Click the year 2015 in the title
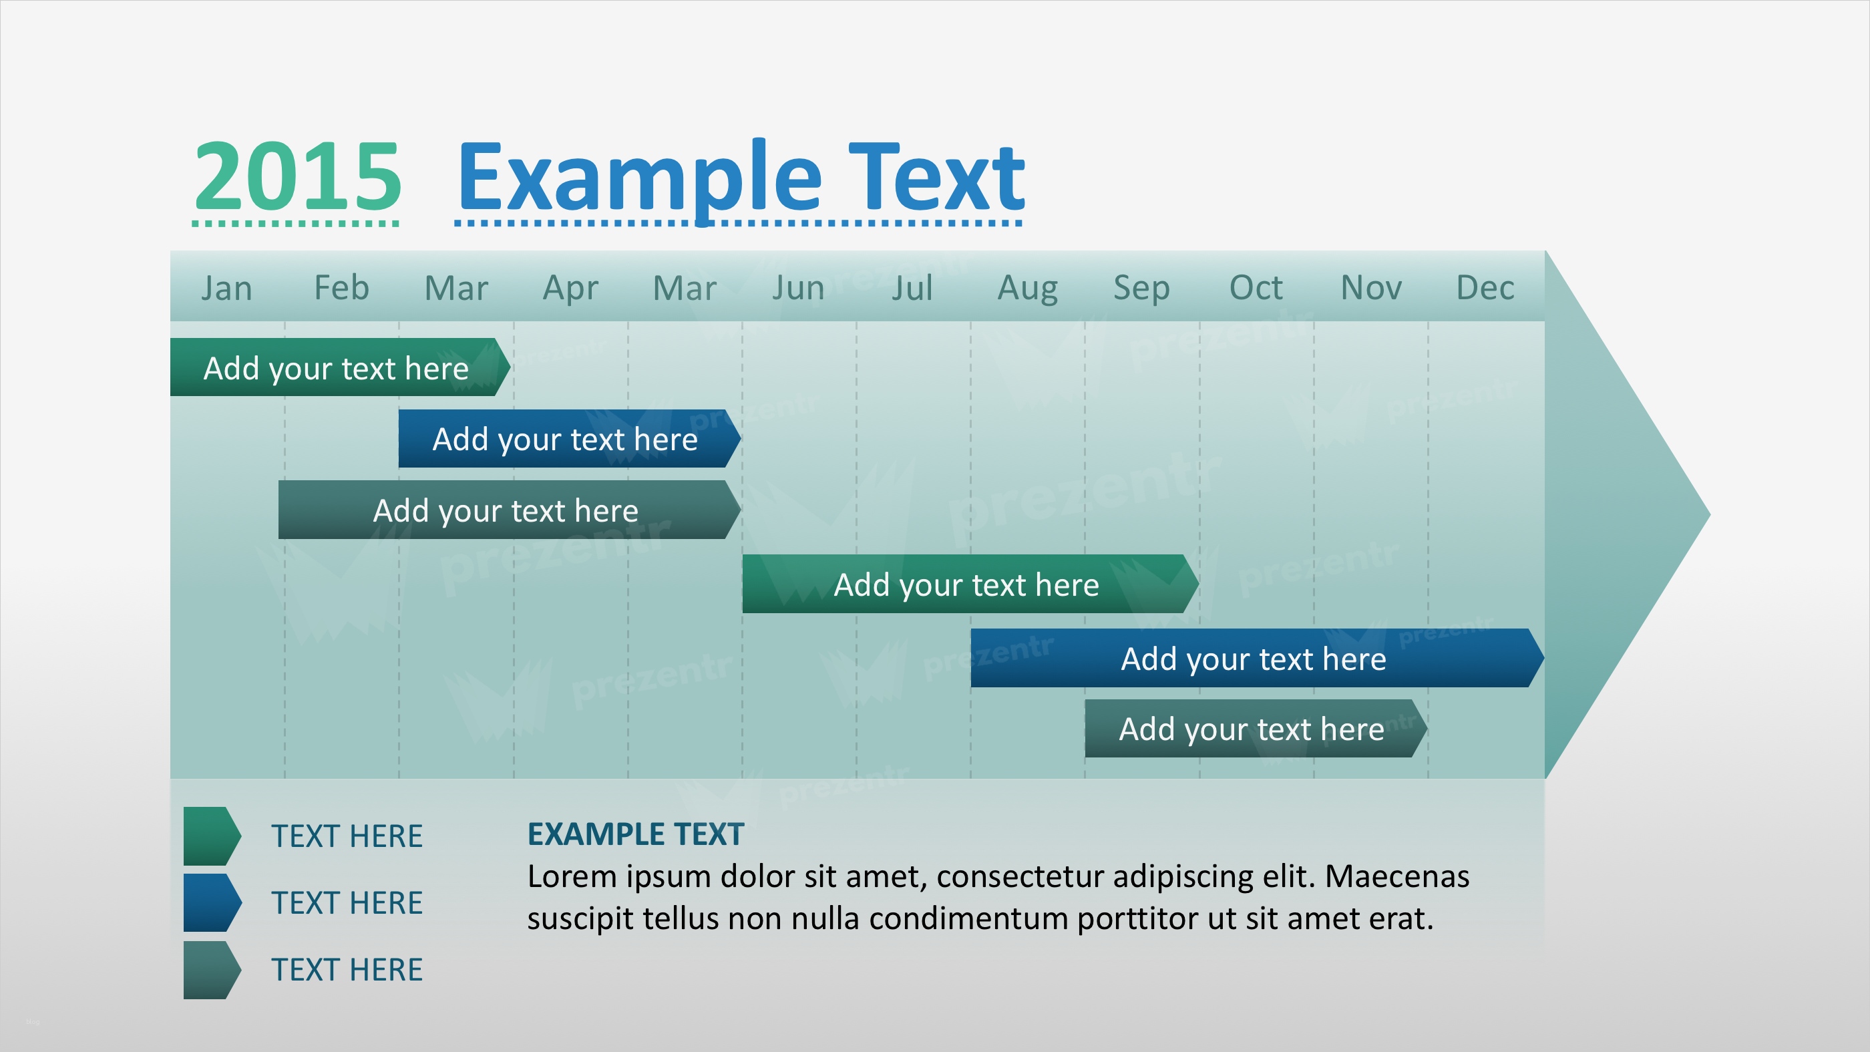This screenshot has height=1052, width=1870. coord(298,176)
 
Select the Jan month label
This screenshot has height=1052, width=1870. coord(226,289)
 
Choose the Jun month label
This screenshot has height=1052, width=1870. coord(798,289)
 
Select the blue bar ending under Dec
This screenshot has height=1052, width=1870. coord(1258,658)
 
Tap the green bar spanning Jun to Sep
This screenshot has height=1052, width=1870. coord(970,584)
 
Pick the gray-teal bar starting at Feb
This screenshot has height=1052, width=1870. coord(510,510)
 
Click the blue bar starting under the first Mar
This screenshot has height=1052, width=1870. coord(570,439)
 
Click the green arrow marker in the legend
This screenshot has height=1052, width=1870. coord(212,836)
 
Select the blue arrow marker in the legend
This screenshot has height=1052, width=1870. coord(212,902)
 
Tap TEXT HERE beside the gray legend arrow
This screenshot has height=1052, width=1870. coord(347,970)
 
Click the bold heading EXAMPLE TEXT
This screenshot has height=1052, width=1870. coord(636,834)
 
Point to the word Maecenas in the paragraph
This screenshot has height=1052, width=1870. coord(1397,876)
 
